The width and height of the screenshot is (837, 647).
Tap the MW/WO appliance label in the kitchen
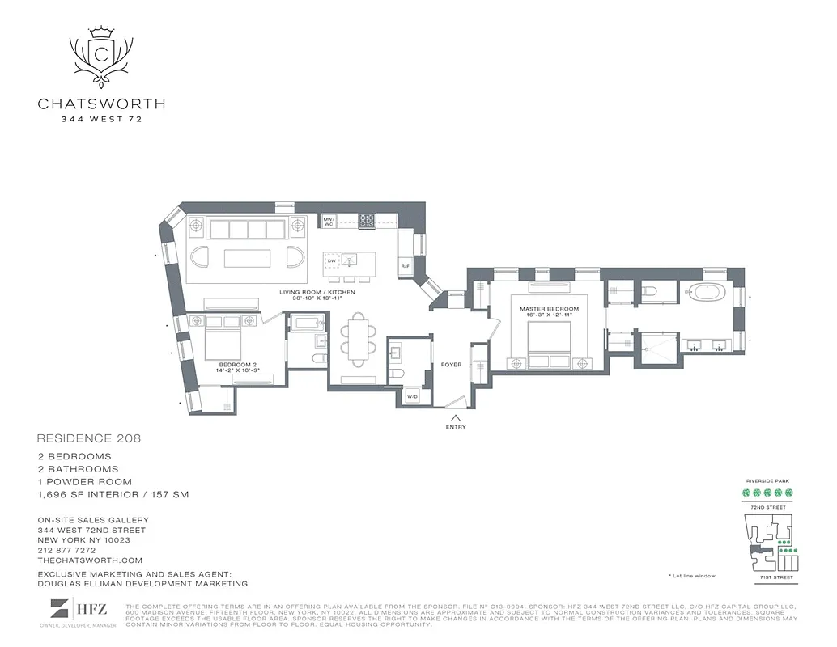329,220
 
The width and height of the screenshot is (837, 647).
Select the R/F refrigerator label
405,266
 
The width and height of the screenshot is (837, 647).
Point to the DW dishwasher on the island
330,260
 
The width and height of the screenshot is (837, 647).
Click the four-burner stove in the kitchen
367,221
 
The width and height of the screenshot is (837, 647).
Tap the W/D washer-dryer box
411,396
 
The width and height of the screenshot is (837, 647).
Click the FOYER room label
451,365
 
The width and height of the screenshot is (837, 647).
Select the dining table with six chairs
358,336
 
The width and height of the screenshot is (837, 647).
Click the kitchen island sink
351,260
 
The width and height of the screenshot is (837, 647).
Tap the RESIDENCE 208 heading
89,438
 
